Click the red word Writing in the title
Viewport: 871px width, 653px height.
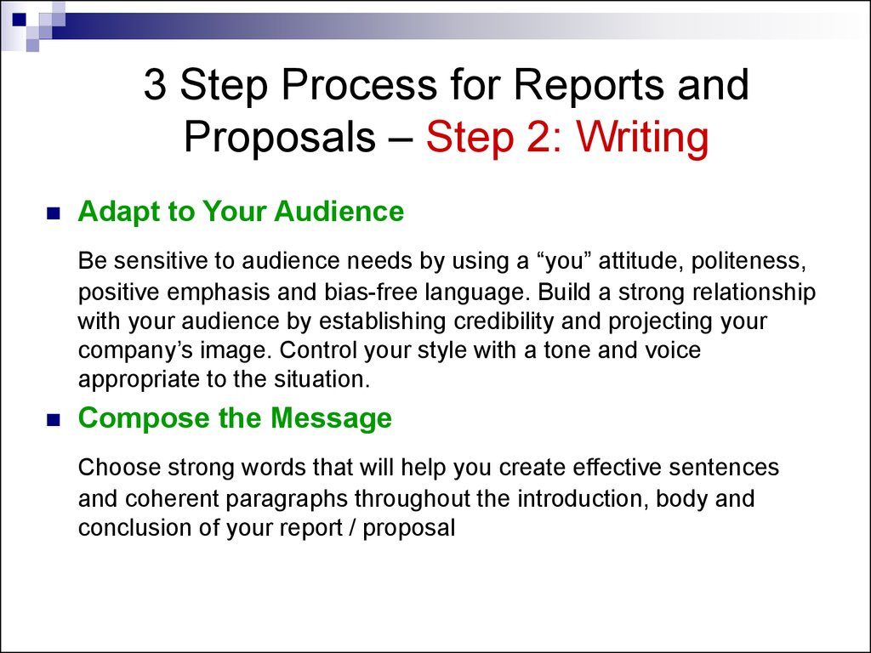pyautogui.click(x=642, y=137)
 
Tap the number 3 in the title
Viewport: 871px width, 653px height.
pyautogui.click(x=155, y=84)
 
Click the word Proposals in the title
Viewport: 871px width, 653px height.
pyautogui.click(x=279, y=137)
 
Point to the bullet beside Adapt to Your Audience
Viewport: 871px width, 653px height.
pyautogui.click(x=54, y=213)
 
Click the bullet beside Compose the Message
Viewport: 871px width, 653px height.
pyautogui.click(x=54, y=420)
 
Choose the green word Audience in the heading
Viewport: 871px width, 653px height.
pyautogui.click(x=339, y=211)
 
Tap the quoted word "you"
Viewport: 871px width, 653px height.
pyautogui.click(x=563, y=262)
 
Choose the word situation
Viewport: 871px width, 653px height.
pyautogui.click(x=322, y=380)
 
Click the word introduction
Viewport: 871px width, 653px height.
pyautogui.click(x=583, y=498)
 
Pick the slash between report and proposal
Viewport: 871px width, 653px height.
pyautogui.click(x=353, y=527)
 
